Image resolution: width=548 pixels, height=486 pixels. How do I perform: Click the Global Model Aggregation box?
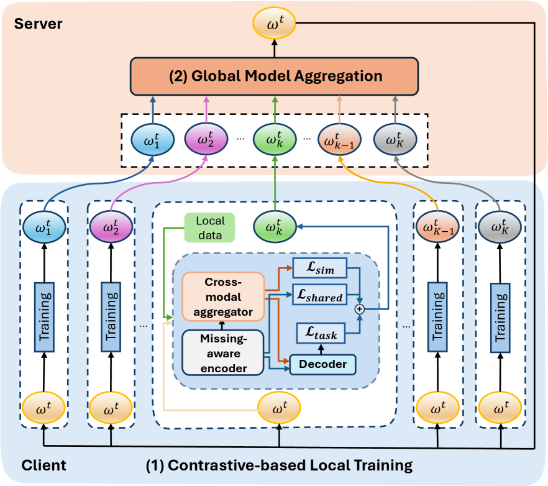[273, 77]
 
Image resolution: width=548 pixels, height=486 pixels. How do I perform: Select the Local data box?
[210, 227]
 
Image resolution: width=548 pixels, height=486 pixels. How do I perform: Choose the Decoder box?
[322, 364]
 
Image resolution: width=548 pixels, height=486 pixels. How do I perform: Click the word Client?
[43, 465]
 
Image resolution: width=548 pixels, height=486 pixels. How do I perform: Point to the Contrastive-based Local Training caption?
[279, 465]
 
